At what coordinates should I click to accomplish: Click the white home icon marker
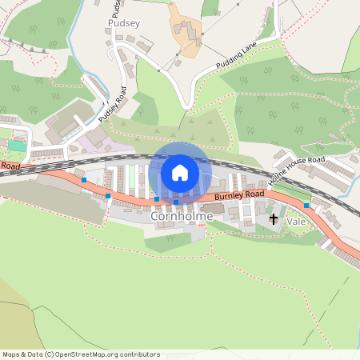(x=180, y=173)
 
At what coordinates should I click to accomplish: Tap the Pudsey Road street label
(x=113, y=105)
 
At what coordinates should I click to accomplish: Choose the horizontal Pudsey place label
(x=122, y=24)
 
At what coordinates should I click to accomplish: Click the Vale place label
(x=296, y=219)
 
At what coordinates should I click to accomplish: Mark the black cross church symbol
(x=274, y=218)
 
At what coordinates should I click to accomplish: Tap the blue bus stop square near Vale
(x=306, y=206)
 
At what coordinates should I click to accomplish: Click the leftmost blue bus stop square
(x=84, y=180)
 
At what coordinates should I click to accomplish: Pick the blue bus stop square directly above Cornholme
(x=176, y=202)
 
